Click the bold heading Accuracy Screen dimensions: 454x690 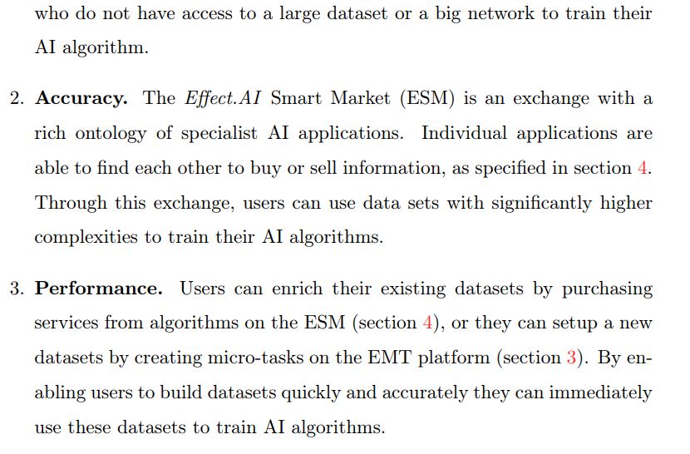pyautogui.click(x=81, y=98)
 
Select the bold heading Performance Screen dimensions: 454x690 pyautogui.click(x=98, y=289)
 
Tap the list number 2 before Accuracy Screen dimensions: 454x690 pyautogui.click(x=17, y=99)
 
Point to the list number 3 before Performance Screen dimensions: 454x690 pyautogui.click(x=17, y=289)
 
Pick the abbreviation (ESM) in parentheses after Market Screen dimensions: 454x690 pyautogui.click(x=426, y=98)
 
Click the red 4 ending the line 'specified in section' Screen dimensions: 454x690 pyautogui.click(x=643, y=167)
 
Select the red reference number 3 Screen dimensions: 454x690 pyautogui.click(x=571, y=358)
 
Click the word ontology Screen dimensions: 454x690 pyautogui.click(x=111, y=134)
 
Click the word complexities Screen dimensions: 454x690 pyautogui.click(x=82, y=237)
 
